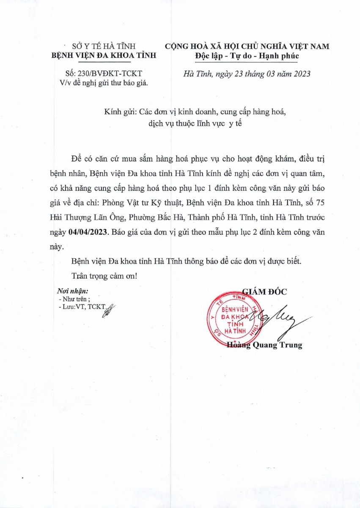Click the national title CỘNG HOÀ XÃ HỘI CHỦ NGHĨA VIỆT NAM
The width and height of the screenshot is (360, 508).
click(247, 47)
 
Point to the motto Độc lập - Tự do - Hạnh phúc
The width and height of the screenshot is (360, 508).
click(247, 55)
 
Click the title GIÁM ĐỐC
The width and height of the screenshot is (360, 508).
click(264, 291)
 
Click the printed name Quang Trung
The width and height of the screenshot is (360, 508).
click(278, 345)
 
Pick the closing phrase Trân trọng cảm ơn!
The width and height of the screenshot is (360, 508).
click(104, 276)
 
